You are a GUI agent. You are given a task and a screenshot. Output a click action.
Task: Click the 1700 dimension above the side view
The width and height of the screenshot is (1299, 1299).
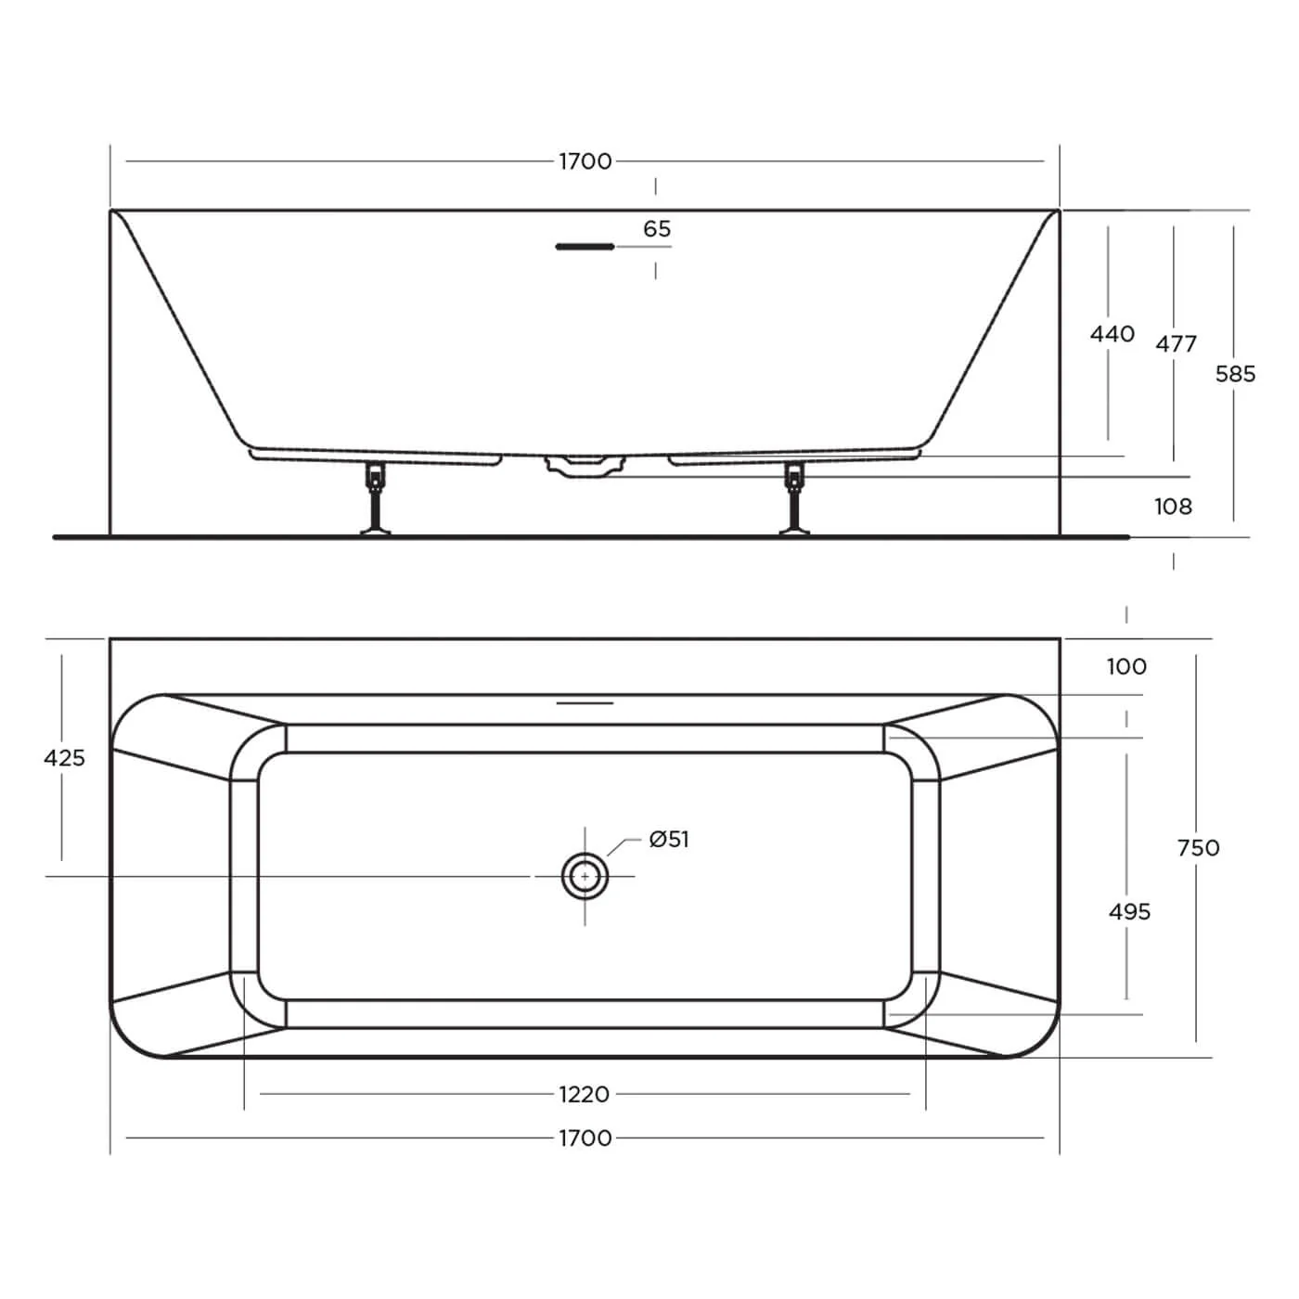pos(585,161)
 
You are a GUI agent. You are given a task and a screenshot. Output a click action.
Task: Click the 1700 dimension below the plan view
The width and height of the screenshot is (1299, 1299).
pos(585,1138)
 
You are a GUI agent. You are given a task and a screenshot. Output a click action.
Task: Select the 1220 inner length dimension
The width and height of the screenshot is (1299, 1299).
pos(585,1094)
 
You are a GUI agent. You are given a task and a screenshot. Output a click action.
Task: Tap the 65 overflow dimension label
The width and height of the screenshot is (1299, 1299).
pos(657,229)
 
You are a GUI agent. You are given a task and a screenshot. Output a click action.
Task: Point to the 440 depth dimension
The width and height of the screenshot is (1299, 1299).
pos(1112,333)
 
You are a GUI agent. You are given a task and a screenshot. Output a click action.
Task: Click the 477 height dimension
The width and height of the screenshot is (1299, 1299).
pos(1176,343)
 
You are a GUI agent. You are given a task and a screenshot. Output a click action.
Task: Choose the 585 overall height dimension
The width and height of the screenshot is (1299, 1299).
pos(1235,374)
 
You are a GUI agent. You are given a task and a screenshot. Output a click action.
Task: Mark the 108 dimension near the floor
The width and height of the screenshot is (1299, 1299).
pos(1173,507)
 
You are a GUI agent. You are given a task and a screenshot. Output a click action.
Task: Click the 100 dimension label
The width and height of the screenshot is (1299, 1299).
pos(1126,666)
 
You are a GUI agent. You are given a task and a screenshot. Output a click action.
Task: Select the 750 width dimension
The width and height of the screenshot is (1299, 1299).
pos(1198,847)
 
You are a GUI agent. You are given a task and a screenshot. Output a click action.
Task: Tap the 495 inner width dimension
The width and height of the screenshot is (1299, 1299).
pos(1129,912)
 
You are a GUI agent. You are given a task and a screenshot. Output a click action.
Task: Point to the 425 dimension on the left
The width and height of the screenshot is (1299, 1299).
pos(64,758)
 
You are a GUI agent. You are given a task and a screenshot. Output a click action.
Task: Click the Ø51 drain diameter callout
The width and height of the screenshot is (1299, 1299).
pos(669,840)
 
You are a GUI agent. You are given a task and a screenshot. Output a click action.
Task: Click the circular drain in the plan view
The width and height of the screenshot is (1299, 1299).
pos(585,876)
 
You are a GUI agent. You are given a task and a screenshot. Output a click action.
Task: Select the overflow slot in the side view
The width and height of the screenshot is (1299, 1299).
pos(585,247)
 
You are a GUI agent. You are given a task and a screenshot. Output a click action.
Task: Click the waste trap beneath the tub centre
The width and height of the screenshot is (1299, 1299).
pos(584,465)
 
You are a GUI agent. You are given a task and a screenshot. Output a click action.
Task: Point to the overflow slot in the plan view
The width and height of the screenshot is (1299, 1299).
pos(585,703)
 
